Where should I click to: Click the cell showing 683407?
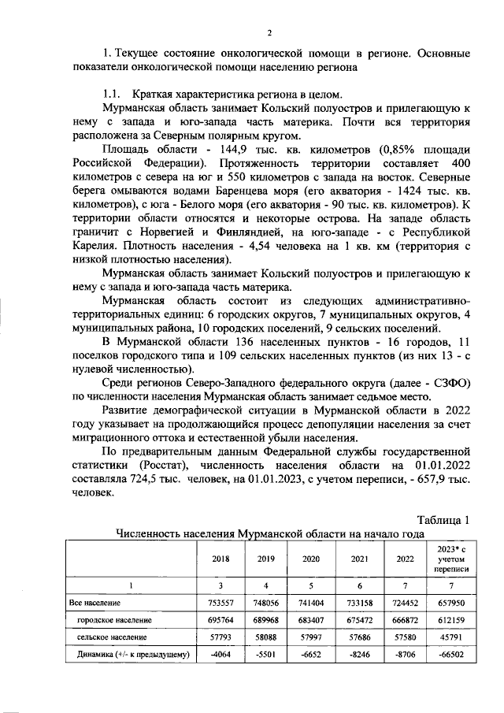pyautogui.click(x=306, y=620)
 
